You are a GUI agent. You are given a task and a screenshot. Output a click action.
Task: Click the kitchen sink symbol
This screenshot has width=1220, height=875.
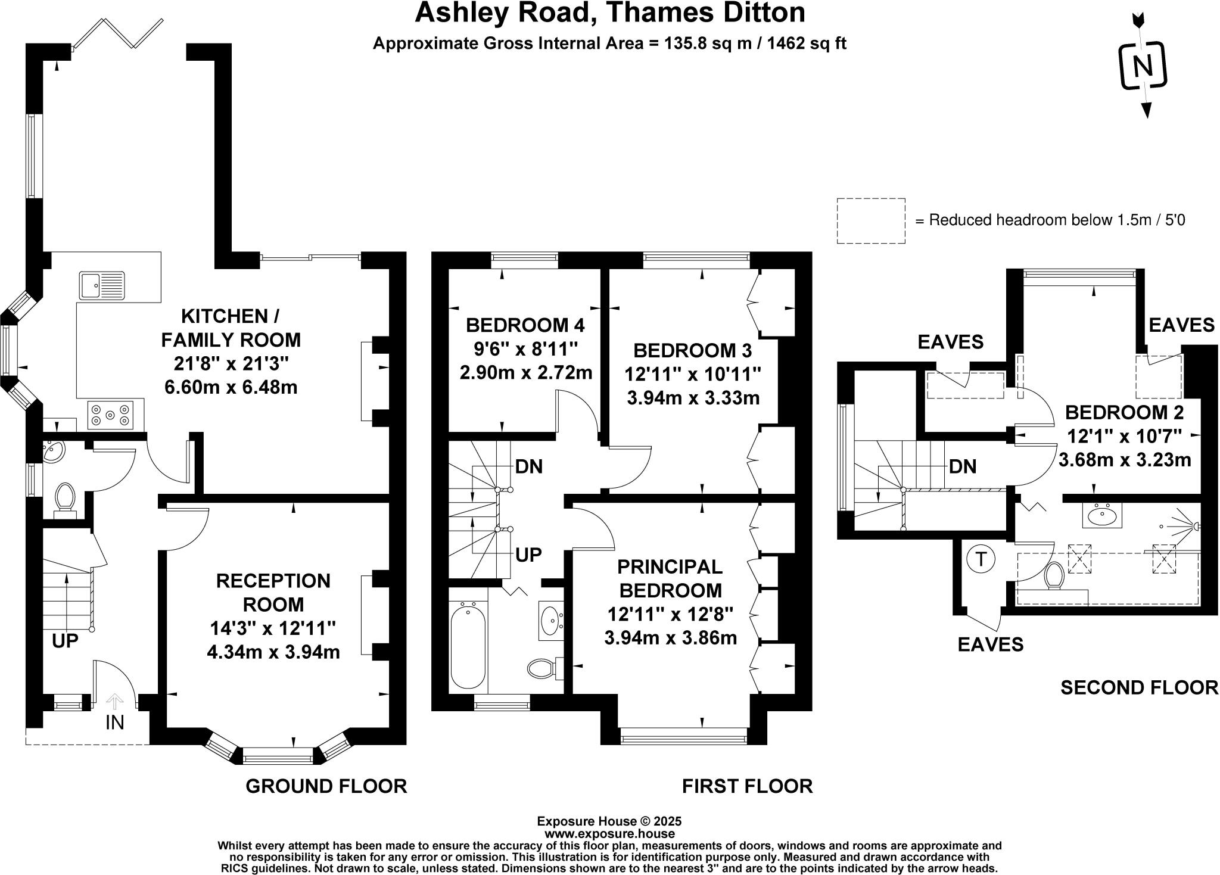pyautogui.click(x=102, y=285)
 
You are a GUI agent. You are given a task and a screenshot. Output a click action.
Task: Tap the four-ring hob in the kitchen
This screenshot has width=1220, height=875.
pyautogui.click(x=110, y=415)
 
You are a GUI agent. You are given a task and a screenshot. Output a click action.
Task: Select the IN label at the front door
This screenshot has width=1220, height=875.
pyautogui.click(x=114, y=723)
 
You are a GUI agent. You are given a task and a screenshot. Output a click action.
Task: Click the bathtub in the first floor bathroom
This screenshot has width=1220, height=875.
pyautogui.click(x=468, y=647)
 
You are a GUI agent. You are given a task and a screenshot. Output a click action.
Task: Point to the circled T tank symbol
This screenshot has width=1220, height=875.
pyautogui.click(x=981, y=559)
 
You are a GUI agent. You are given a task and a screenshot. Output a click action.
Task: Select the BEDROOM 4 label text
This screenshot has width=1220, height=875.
pyautogui.click(x=525, y=325)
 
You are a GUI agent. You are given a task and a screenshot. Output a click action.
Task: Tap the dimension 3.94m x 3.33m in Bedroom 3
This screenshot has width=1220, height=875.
pyautogui.click(x=693, y=398)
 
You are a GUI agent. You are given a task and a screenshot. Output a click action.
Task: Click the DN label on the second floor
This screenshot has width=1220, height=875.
pyautogui.click(x=963, y=466)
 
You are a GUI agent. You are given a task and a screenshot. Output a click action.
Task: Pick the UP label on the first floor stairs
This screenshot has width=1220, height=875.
pyautogui.click(x=528, y=555)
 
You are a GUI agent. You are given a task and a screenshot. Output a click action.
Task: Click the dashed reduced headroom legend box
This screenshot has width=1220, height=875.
pyautogui.click(x=870, y=221)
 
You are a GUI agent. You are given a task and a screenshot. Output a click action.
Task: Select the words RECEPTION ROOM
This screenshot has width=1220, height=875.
pyautogui.click(x=273, y=592)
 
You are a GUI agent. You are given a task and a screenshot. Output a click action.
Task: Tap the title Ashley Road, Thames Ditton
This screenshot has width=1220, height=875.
pyautogui.click(x=609, y=13)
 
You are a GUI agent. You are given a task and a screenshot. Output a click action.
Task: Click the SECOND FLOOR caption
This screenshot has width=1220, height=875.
pyautogui.click(x=1139, y=687)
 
